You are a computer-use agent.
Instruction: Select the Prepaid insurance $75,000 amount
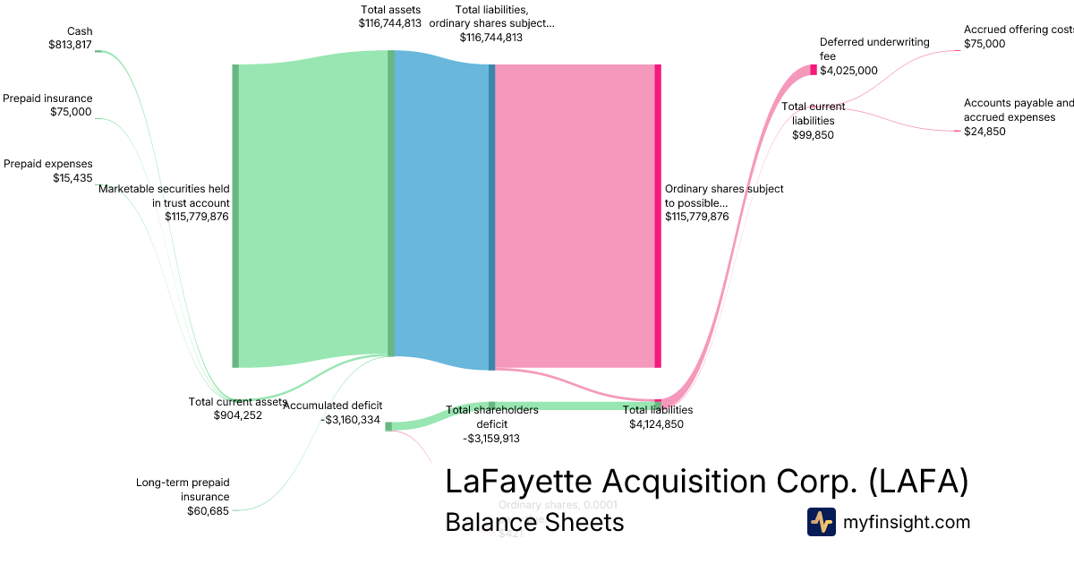pyautogui.click(x=71, y=112)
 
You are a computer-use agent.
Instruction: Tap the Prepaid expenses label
pyautogui.click(x=48, y=164)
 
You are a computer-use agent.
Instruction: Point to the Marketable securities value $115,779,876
pyautogui.click(x=197, y=216)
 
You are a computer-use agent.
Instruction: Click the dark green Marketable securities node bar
pyautogui.click(x=235, y=216)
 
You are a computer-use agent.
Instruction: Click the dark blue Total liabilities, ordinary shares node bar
pyautogui.click(x=491, y=216)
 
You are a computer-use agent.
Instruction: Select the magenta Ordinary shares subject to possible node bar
pyautogui.click(x=658, y=216)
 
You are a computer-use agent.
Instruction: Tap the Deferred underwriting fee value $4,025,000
pyautogui.click(x=848, y=71)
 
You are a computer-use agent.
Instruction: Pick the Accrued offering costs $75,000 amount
pyautogui.click(x=984, y=43)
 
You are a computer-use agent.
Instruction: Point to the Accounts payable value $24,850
pyautogui.click(x=984, y=131)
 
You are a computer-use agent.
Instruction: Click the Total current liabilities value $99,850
pyautogui.click(x=814, y=134)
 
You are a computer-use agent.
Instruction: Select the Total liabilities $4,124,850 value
pyautogui.click(x=656, y=424)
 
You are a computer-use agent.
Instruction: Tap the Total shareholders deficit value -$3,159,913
pyautogui.click(x=491, y=439)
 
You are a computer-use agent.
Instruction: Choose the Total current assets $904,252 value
pyautogui.click(x=237, y=415)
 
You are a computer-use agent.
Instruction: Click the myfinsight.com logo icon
pyautogui.click(x=821, y=522)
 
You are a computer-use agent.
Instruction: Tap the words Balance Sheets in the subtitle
pyautogui.click(x=534, y=522)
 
